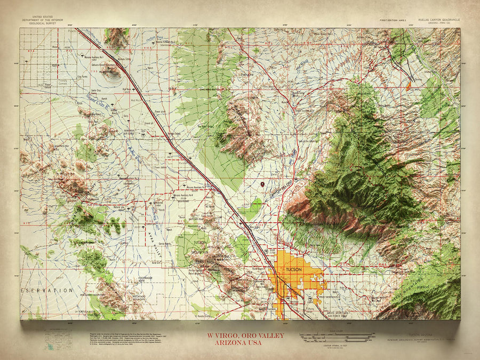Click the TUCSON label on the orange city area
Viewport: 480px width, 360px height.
[294, 270]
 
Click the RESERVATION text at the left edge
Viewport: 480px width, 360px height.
[46, 290]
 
